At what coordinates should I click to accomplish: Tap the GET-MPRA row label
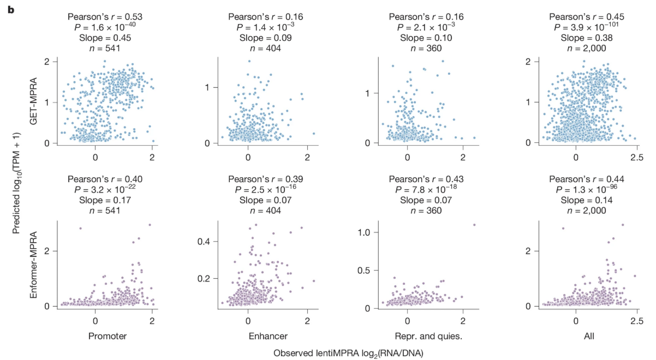point(34,102)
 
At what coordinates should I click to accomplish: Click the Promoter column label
point(108,336)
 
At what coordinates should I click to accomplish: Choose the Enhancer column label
point(260,336)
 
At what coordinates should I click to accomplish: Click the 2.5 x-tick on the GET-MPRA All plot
point(635,157)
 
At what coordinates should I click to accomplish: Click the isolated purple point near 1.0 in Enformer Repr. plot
point(474,224)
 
